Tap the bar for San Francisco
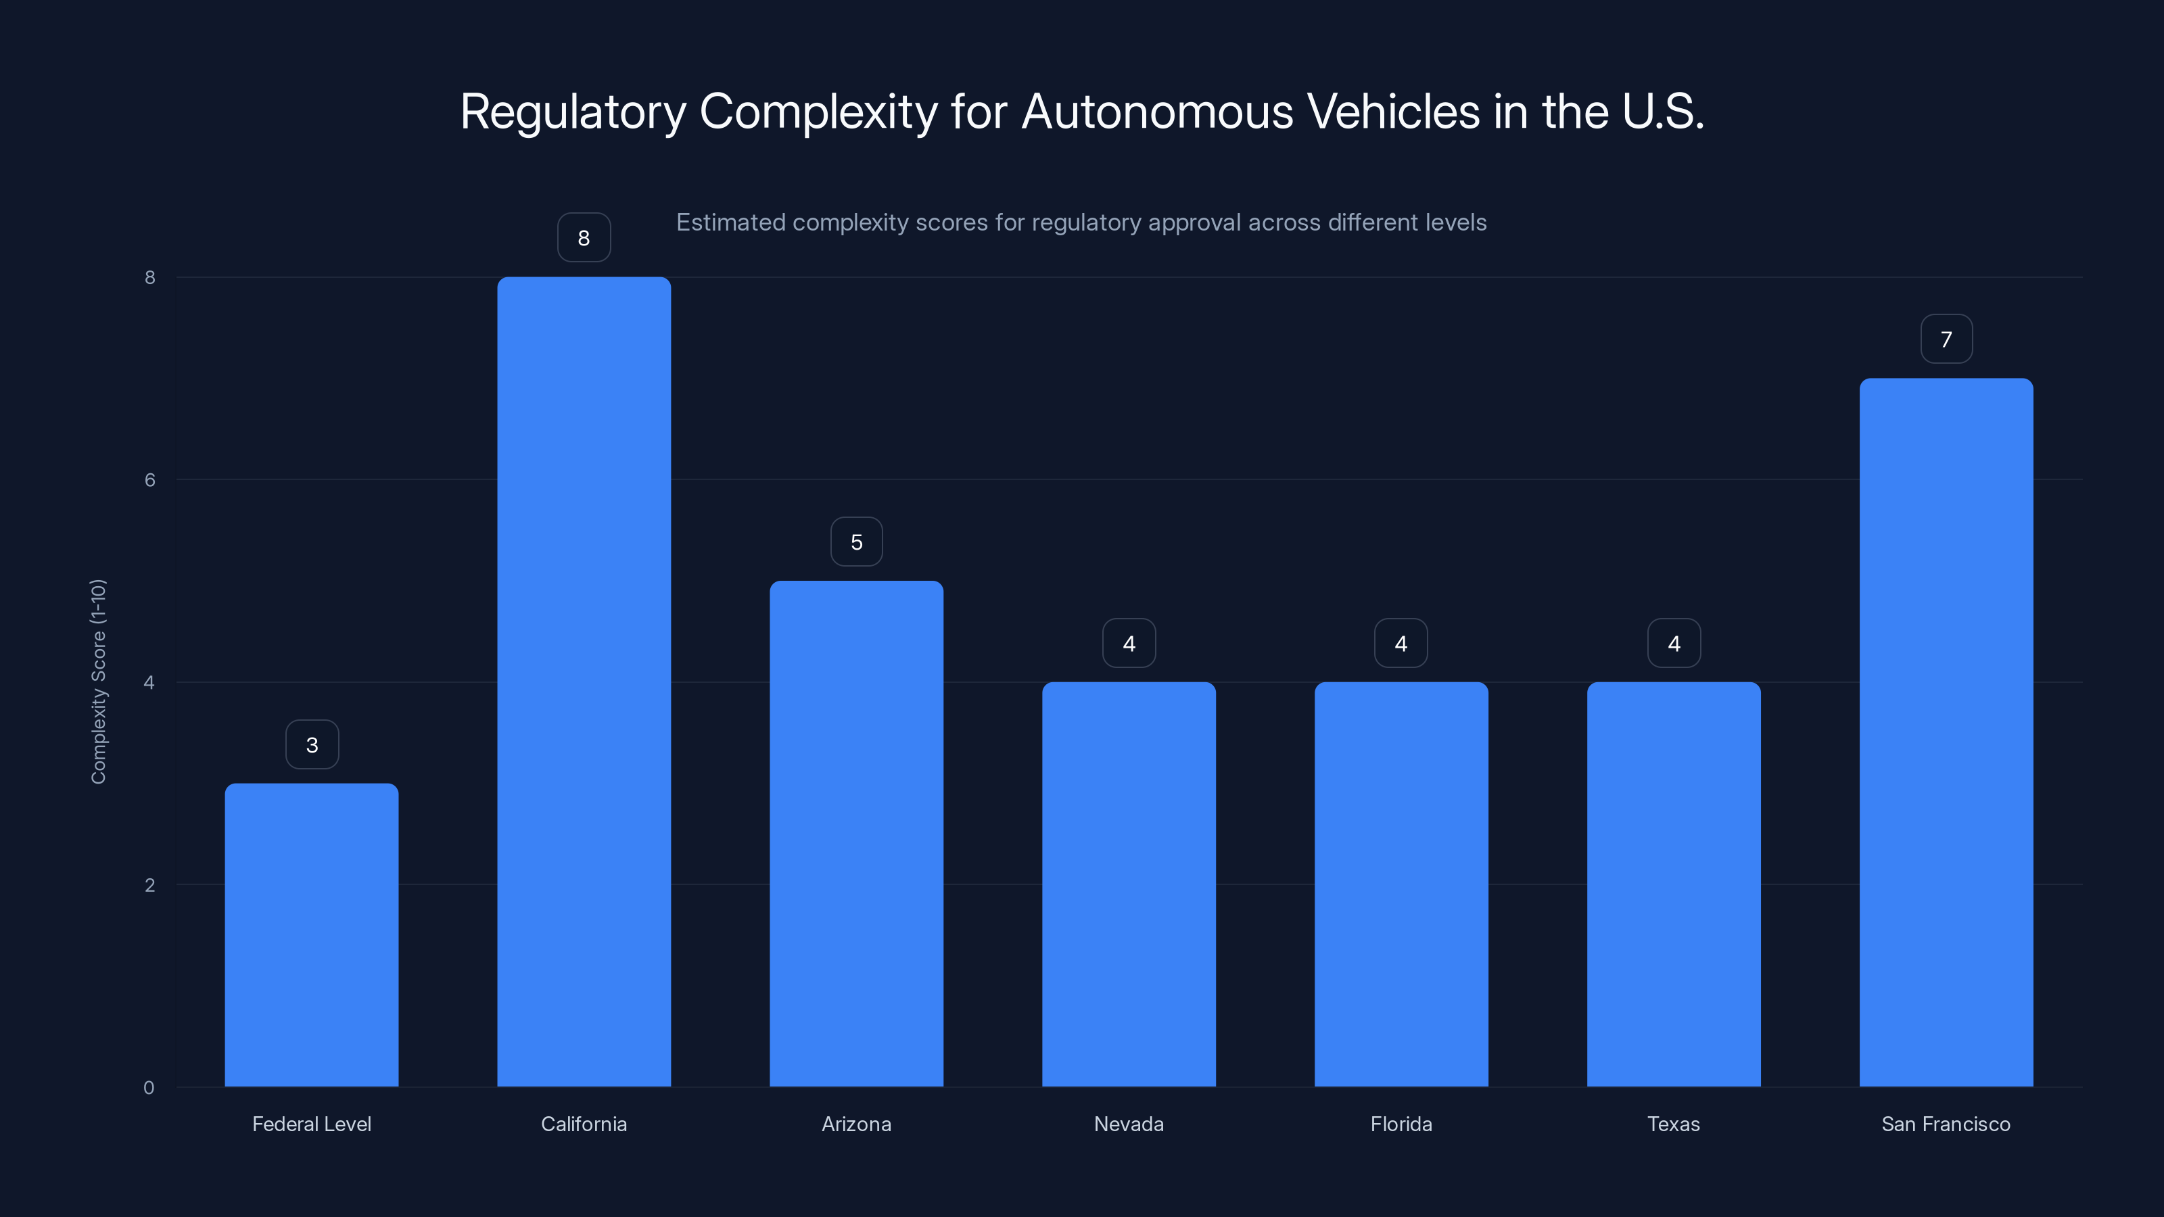1946,732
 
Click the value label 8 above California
584,238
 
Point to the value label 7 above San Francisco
1946,339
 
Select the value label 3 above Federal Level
312,744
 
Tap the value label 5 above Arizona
856,542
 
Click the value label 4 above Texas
1674,644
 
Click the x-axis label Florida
1401,1124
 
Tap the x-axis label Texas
1674,1124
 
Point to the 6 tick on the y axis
149,479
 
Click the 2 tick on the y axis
149,884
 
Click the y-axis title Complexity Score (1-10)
98,681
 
